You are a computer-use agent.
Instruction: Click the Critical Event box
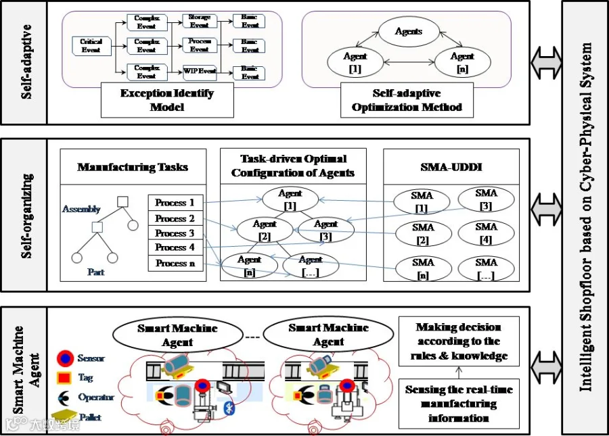coord(91,46)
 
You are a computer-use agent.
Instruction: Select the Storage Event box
coord(199,21)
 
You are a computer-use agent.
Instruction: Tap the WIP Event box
coord(199,71)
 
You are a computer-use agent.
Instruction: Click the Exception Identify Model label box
coord(167,99)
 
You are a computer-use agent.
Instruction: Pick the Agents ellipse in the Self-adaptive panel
coord(408,31)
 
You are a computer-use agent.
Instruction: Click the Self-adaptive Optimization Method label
coord(407,99)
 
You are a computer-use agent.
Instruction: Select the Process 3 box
coord(175,233)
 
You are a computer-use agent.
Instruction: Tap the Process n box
coord(175,263)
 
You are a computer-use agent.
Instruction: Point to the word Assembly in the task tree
coord(81,210)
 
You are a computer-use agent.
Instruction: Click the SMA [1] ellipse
coord(423,201)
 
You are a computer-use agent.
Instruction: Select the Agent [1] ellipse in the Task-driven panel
coord(290,199)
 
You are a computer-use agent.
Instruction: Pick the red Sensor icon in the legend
coord(64,357)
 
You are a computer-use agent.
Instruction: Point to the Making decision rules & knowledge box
coord(459,342)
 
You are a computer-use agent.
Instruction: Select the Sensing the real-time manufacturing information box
coord(459,404)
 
